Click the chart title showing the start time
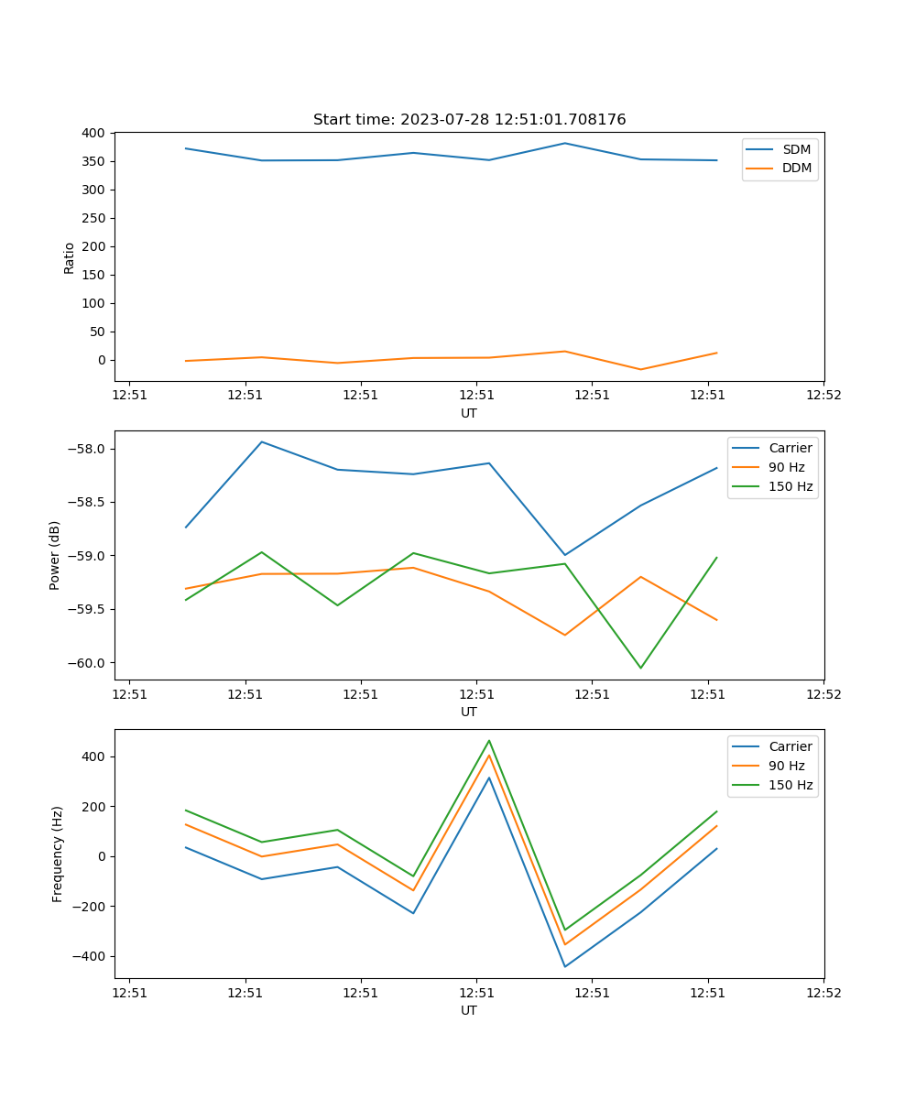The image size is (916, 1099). pyautogui.click(x=469, y=120)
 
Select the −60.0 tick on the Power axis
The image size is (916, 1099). pyautogui.click(x=88, y=663)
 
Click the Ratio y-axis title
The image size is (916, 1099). pyautogui.click(x=70, y=257)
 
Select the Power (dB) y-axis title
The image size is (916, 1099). pyautogui.click(x=55, y=555)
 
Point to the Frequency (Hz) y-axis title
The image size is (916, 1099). pyautogui.click(x=57, y=854)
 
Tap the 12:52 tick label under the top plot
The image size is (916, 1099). pyautogui.click(x=823, y=396)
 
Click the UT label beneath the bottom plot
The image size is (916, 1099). pyautogui.click(x=469, y=1010)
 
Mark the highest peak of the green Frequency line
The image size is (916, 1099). pyautogui.click(x=489, y=741)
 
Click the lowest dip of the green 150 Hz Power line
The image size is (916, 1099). pyautogui.click(x=640, y=668)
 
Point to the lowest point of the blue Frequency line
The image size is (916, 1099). pyautogui.click(x=565, y=966)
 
